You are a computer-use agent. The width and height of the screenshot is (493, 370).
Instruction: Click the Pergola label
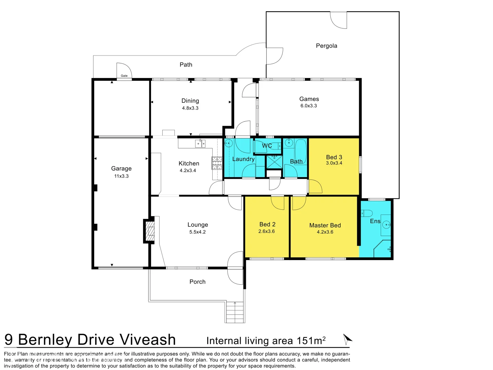(326, 46)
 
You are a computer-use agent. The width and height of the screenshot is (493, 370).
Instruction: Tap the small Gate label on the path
(124, 76)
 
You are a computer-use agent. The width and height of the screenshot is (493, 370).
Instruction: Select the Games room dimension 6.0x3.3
(308, 106)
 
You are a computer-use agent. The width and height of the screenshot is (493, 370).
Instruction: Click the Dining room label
(190, 101)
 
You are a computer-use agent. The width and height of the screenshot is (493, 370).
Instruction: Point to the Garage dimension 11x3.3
(121, 176)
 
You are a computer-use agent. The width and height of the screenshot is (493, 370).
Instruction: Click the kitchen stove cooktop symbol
(217, 163)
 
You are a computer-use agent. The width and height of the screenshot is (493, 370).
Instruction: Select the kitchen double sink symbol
(200, 143)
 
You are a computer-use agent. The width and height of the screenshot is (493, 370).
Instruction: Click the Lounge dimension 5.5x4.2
(198, 232)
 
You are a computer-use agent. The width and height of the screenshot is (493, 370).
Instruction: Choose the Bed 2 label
(267, 224)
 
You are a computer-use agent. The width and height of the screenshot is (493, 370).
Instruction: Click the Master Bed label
(325, 225)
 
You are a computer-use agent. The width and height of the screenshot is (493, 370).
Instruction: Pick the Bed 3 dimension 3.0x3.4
(334, 163)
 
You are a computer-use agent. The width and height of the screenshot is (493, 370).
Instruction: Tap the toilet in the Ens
(366, 213)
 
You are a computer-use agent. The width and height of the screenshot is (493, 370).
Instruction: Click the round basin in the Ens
(387, 225)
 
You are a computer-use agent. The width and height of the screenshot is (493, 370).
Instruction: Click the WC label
(267, 146)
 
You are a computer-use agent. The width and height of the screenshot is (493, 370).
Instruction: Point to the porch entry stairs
(235, 312)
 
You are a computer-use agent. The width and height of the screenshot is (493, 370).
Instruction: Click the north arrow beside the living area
(347, 339)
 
